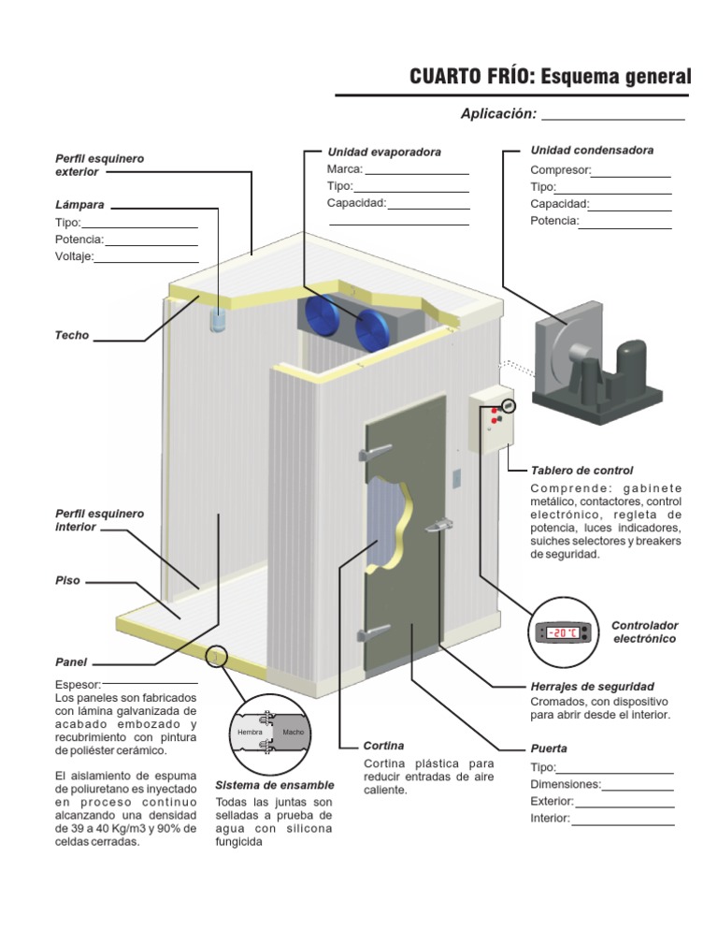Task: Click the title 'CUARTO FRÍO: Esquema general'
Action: pos(550,77)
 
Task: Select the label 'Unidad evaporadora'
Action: pos(383,152)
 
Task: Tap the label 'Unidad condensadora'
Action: pos(592,150)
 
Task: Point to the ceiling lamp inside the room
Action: pos(218,319)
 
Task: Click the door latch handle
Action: pos(438,528)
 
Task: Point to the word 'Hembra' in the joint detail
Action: pos(250,731)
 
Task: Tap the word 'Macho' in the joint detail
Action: pos(294,731)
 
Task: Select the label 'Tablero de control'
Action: pos(582,470)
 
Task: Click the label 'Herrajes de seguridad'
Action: pos(592,686)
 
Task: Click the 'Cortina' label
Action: pos(383,746)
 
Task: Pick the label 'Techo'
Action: pos(73,335)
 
